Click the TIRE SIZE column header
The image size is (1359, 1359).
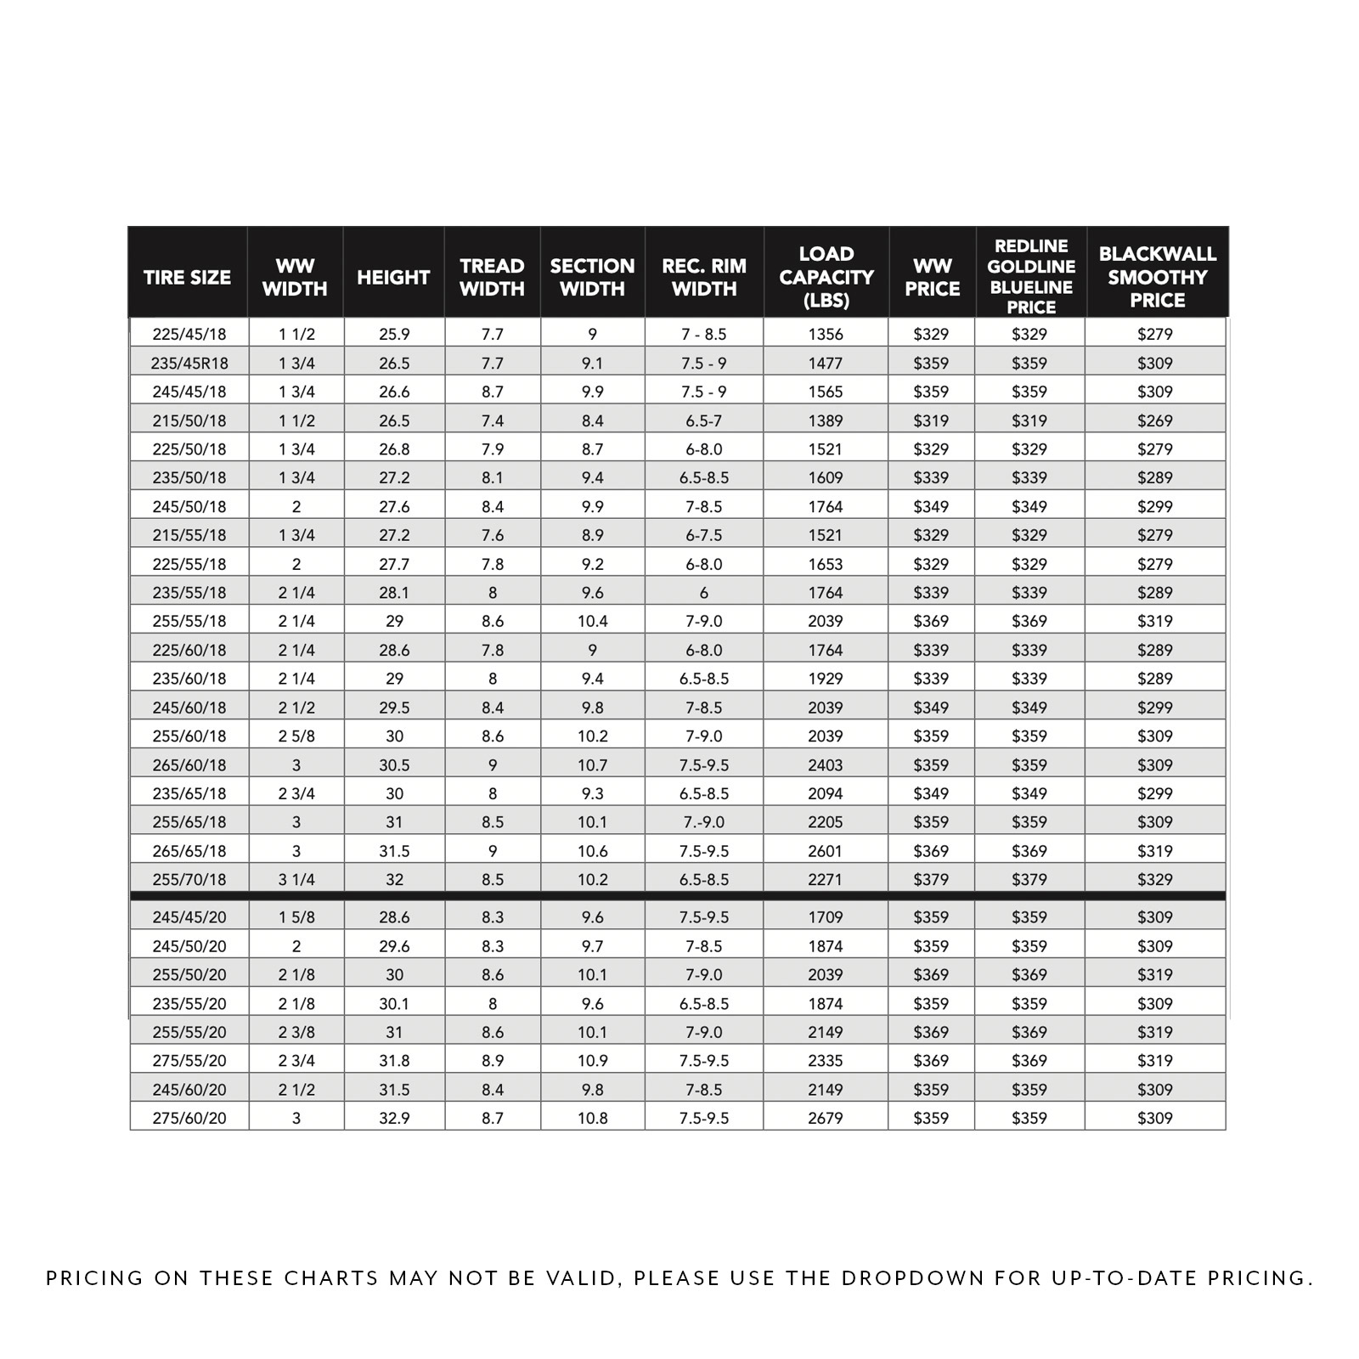[x=187, y=277]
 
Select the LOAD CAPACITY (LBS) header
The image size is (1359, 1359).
[x=826, y=277]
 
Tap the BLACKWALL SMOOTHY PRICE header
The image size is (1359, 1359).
[x=1157, y=277]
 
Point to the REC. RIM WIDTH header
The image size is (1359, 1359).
[x=704, y=277]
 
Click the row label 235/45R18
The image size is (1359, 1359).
[x=189, y=364]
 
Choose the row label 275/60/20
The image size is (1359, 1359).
[x=189, y=1119]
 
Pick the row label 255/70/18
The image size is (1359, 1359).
[x=189, y=880]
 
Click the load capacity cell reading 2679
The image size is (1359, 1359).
[x=826, y=1119]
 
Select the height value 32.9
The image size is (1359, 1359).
[x=394, y=1119]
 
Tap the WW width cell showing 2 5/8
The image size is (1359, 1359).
[x=296, y=736]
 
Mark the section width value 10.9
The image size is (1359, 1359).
[x=592, y=1061]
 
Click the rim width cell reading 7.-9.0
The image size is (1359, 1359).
[x=704, y=822]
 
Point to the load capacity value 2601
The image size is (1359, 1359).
[x=826, y=851]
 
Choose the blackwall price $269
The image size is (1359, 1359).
[x=1155, y=421]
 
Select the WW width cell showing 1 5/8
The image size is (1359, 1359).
[x=296, y=917]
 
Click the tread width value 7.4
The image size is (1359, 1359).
[x=493, y=421]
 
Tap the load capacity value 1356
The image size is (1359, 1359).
[x=826, y=335]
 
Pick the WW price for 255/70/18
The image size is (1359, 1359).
[x=931, y=880]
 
